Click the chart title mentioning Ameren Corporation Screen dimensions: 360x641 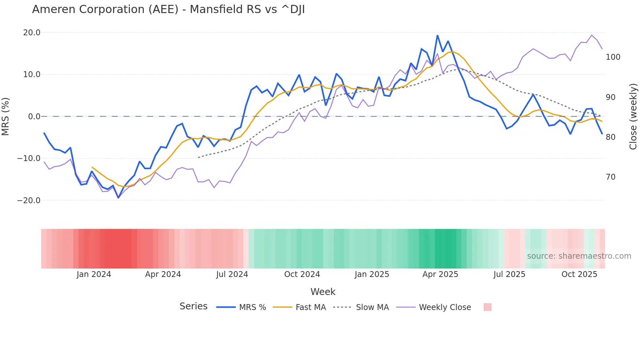(168, 9)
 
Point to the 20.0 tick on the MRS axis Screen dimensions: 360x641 (32, 33)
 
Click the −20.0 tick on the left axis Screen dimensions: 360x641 (29, 201)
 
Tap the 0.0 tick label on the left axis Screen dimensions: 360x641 (34, 117)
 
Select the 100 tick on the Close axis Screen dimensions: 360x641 (613, 57)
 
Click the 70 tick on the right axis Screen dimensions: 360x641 (611, 177)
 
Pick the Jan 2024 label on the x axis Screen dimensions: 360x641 (94, 274)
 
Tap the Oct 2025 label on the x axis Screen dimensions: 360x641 (579, 274)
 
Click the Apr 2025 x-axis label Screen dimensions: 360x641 (440, 274)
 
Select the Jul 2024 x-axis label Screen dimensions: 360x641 (232, 274)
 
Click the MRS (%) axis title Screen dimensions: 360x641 (6, 117)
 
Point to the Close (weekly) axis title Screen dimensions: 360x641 (633, 117)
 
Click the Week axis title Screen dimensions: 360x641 (323, 292)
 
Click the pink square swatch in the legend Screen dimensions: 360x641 (487, 307)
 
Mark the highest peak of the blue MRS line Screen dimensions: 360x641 (437, 36)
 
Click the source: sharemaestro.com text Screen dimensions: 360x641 (579, 256)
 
